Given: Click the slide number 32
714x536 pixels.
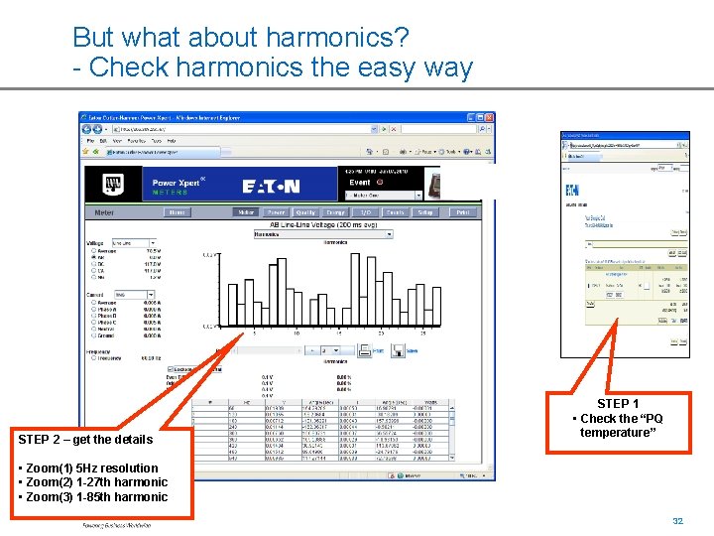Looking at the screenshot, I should (x=678, y=521).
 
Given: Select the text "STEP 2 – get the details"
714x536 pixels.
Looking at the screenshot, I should (x=85, y=440).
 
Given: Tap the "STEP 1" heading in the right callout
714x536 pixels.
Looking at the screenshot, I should (x=618, y=404).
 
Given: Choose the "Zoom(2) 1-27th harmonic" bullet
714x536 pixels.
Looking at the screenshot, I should (x=95, y=482).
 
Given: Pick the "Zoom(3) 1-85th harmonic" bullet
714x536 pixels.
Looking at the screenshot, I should (x=95, y=497).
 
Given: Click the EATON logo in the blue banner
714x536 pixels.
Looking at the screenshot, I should (x=271, y=187).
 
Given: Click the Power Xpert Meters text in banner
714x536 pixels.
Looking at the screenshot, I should (x=178, y=187).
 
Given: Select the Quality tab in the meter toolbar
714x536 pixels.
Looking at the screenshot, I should (x=305, y=212).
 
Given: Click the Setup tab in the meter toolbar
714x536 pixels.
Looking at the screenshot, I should (x=424, y=212).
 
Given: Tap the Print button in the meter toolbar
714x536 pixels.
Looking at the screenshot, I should (x=462, y=212).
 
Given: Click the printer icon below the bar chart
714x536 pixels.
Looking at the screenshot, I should (x=364, y=350).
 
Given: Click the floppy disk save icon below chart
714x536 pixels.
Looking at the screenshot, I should (x=398, y=350).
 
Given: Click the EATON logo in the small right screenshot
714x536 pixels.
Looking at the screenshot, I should (x=572, y=190).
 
